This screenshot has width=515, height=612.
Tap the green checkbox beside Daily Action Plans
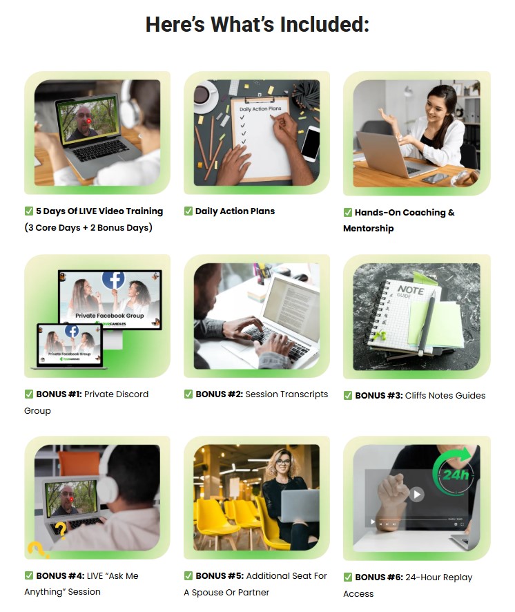coord(188,211)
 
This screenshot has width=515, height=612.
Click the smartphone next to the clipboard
coord(310,143)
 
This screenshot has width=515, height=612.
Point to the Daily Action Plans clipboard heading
coord(260,109)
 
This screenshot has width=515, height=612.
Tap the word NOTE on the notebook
coord(411,290)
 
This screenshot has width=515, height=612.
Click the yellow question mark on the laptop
coord(60,530)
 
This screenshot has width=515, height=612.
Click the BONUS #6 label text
coord(379,577)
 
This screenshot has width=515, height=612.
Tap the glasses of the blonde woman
coord(284,463)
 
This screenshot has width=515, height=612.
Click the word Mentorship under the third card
coord(369,229)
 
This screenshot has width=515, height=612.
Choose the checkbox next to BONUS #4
coord(29,575)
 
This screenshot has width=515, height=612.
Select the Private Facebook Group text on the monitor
coord(109,316)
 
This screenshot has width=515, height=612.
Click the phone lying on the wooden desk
coord(436,178)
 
